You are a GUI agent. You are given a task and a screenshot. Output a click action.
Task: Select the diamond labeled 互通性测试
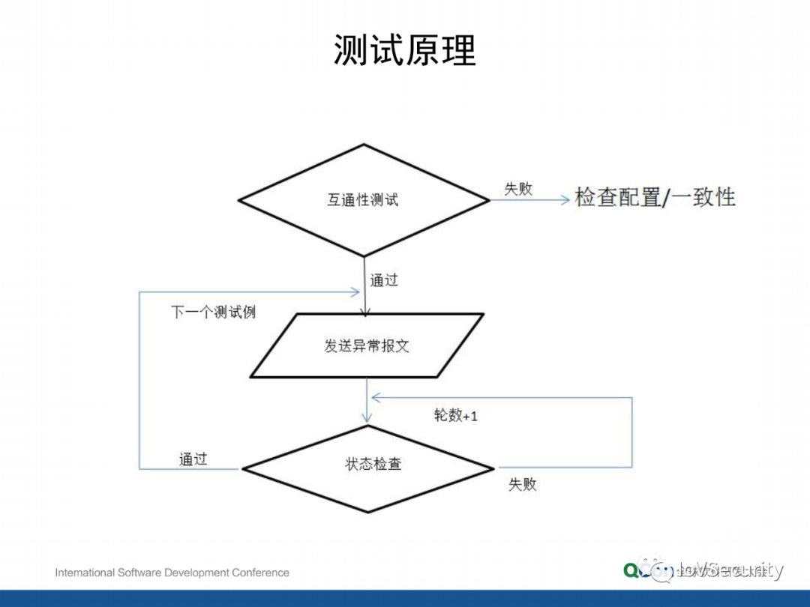point(364,200)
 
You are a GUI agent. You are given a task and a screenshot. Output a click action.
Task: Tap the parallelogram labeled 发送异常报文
point(367,345)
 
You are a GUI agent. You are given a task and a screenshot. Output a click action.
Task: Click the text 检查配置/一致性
point(655,197)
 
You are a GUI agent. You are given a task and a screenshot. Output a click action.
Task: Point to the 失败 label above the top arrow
point(518,189)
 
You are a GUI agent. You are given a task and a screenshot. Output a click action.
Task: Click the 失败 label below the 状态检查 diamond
point(523,484)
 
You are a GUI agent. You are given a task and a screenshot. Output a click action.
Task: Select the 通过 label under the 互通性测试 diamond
point(384,280)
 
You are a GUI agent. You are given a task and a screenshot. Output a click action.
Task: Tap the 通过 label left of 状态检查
point(193,459)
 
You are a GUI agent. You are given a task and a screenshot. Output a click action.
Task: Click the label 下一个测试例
point(213,312)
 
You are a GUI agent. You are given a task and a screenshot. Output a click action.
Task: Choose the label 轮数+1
point(455,415)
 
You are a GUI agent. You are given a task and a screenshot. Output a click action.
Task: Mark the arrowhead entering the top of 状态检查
point(367,418)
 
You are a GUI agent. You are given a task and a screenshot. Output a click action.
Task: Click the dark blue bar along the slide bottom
point(405,598)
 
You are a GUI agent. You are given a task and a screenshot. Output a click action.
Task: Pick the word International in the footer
point(85,573)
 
